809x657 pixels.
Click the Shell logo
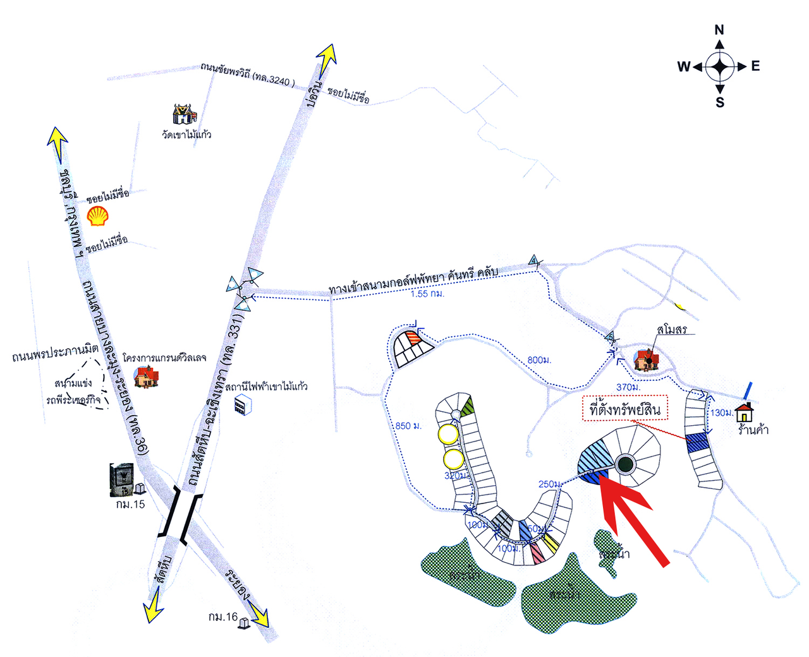tap(97, 215)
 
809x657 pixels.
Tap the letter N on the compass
tap(719, 30)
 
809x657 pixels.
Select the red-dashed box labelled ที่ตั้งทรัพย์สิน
tap(624, 410)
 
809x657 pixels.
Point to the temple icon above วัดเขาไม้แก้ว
tap(184, 114)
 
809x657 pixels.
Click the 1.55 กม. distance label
tap(427, 294)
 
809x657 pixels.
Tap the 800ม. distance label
tap(539, 360)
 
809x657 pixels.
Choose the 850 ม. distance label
tap(408, 426)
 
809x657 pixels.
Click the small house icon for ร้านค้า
tap(745, 412)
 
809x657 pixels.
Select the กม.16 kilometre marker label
tap(222, 617)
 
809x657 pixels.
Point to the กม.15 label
tap(130, 504)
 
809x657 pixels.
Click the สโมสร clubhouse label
tap(671, 329)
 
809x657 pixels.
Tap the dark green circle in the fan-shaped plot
tap(625, 464)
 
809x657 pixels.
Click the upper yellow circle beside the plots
tap(448, 435)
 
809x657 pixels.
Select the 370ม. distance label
tap(628, 387)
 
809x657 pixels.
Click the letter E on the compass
tap(755, 66)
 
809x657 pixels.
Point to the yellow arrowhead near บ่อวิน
tap(327, 58)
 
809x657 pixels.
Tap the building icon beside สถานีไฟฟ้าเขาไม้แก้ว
tap(240, 405)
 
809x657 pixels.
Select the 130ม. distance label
tap(721, 413)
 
